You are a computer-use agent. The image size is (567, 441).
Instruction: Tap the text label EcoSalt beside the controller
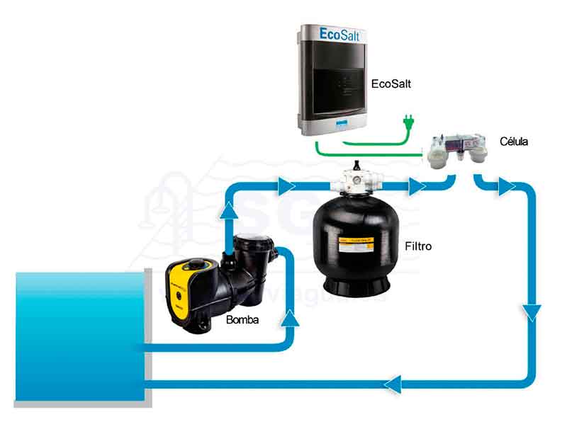[391, 84]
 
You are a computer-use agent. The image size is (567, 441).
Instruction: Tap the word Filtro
[418, 247]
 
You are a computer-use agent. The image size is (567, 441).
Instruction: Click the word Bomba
[242, 320]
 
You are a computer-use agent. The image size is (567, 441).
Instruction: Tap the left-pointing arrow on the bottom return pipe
[393, 384]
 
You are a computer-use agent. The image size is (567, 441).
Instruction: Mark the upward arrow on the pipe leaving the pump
[229, 207]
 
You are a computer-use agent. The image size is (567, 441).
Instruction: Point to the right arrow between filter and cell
[417, 188]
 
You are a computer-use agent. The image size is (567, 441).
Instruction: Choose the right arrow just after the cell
[507, 188]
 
